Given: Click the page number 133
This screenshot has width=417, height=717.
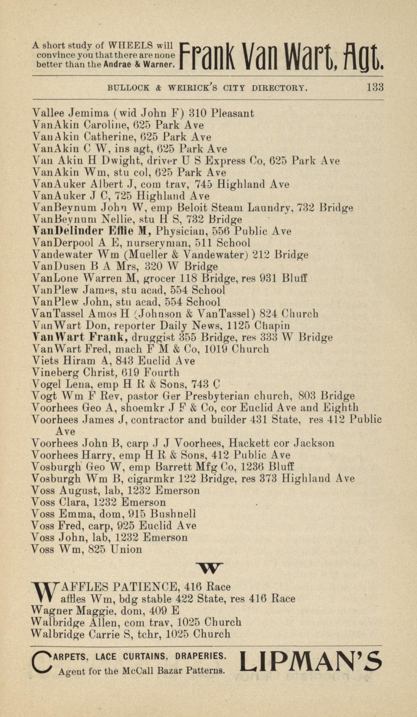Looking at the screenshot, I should [375, 87].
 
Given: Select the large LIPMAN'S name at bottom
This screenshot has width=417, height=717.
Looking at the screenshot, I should [311, 661].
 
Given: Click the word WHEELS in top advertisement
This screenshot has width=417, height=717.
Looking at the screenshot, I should [130, 45].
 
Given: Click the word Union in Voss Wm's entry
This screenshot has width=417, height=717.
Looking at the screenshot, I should [126, 549].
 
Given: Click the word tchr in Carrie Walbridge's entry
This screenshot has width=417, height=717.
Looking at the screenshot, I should [152, 634].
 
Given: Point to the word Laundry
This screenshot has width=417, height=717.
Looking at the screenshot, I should [270, 208].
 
